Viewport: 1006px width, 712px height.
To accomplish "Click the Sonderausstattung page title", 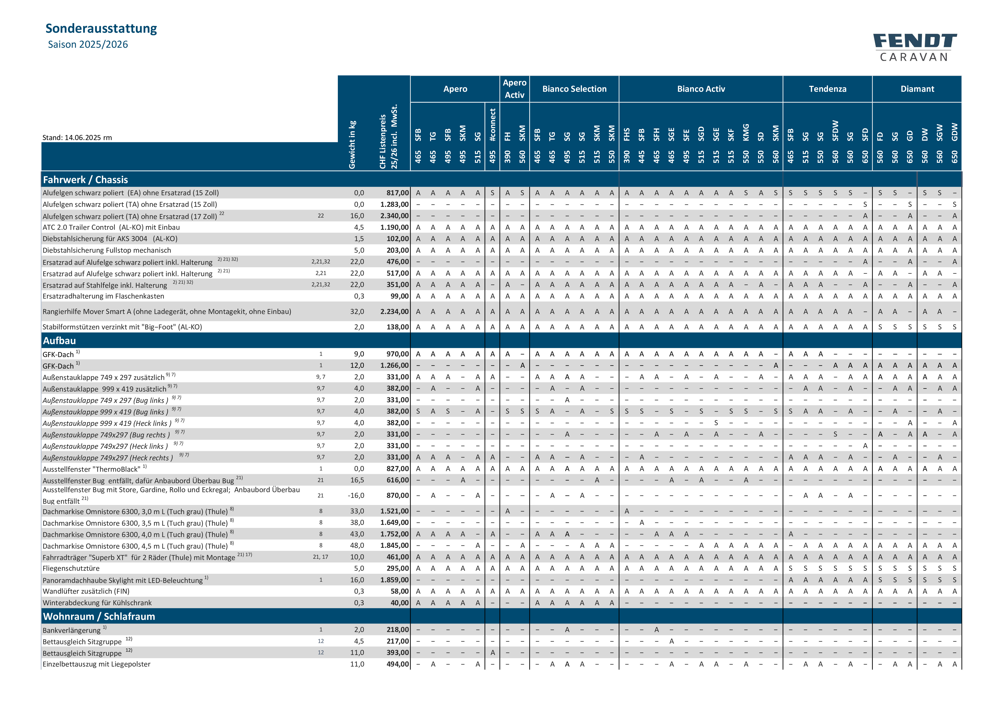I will pyautogui.click(x=101, y=28).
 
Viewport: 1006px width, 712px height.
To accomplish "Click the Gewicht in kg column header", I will pyautogui.click(x=352, y=145).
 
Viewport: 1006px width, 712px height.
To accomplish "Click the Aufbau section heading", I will pyautogui.click(x=60, y=341).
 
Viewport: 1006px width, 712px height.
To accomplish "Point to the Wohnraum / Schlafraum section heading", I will pyautogui.click(x=99, y=616).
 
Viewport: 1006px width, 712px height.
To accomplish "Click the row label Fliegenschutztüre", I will pyautogui.click(x=71, y=568).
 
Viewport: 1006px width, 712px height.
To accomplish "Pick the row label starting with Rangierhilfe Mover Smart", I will pyautogui.click(x=166, y=312).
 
